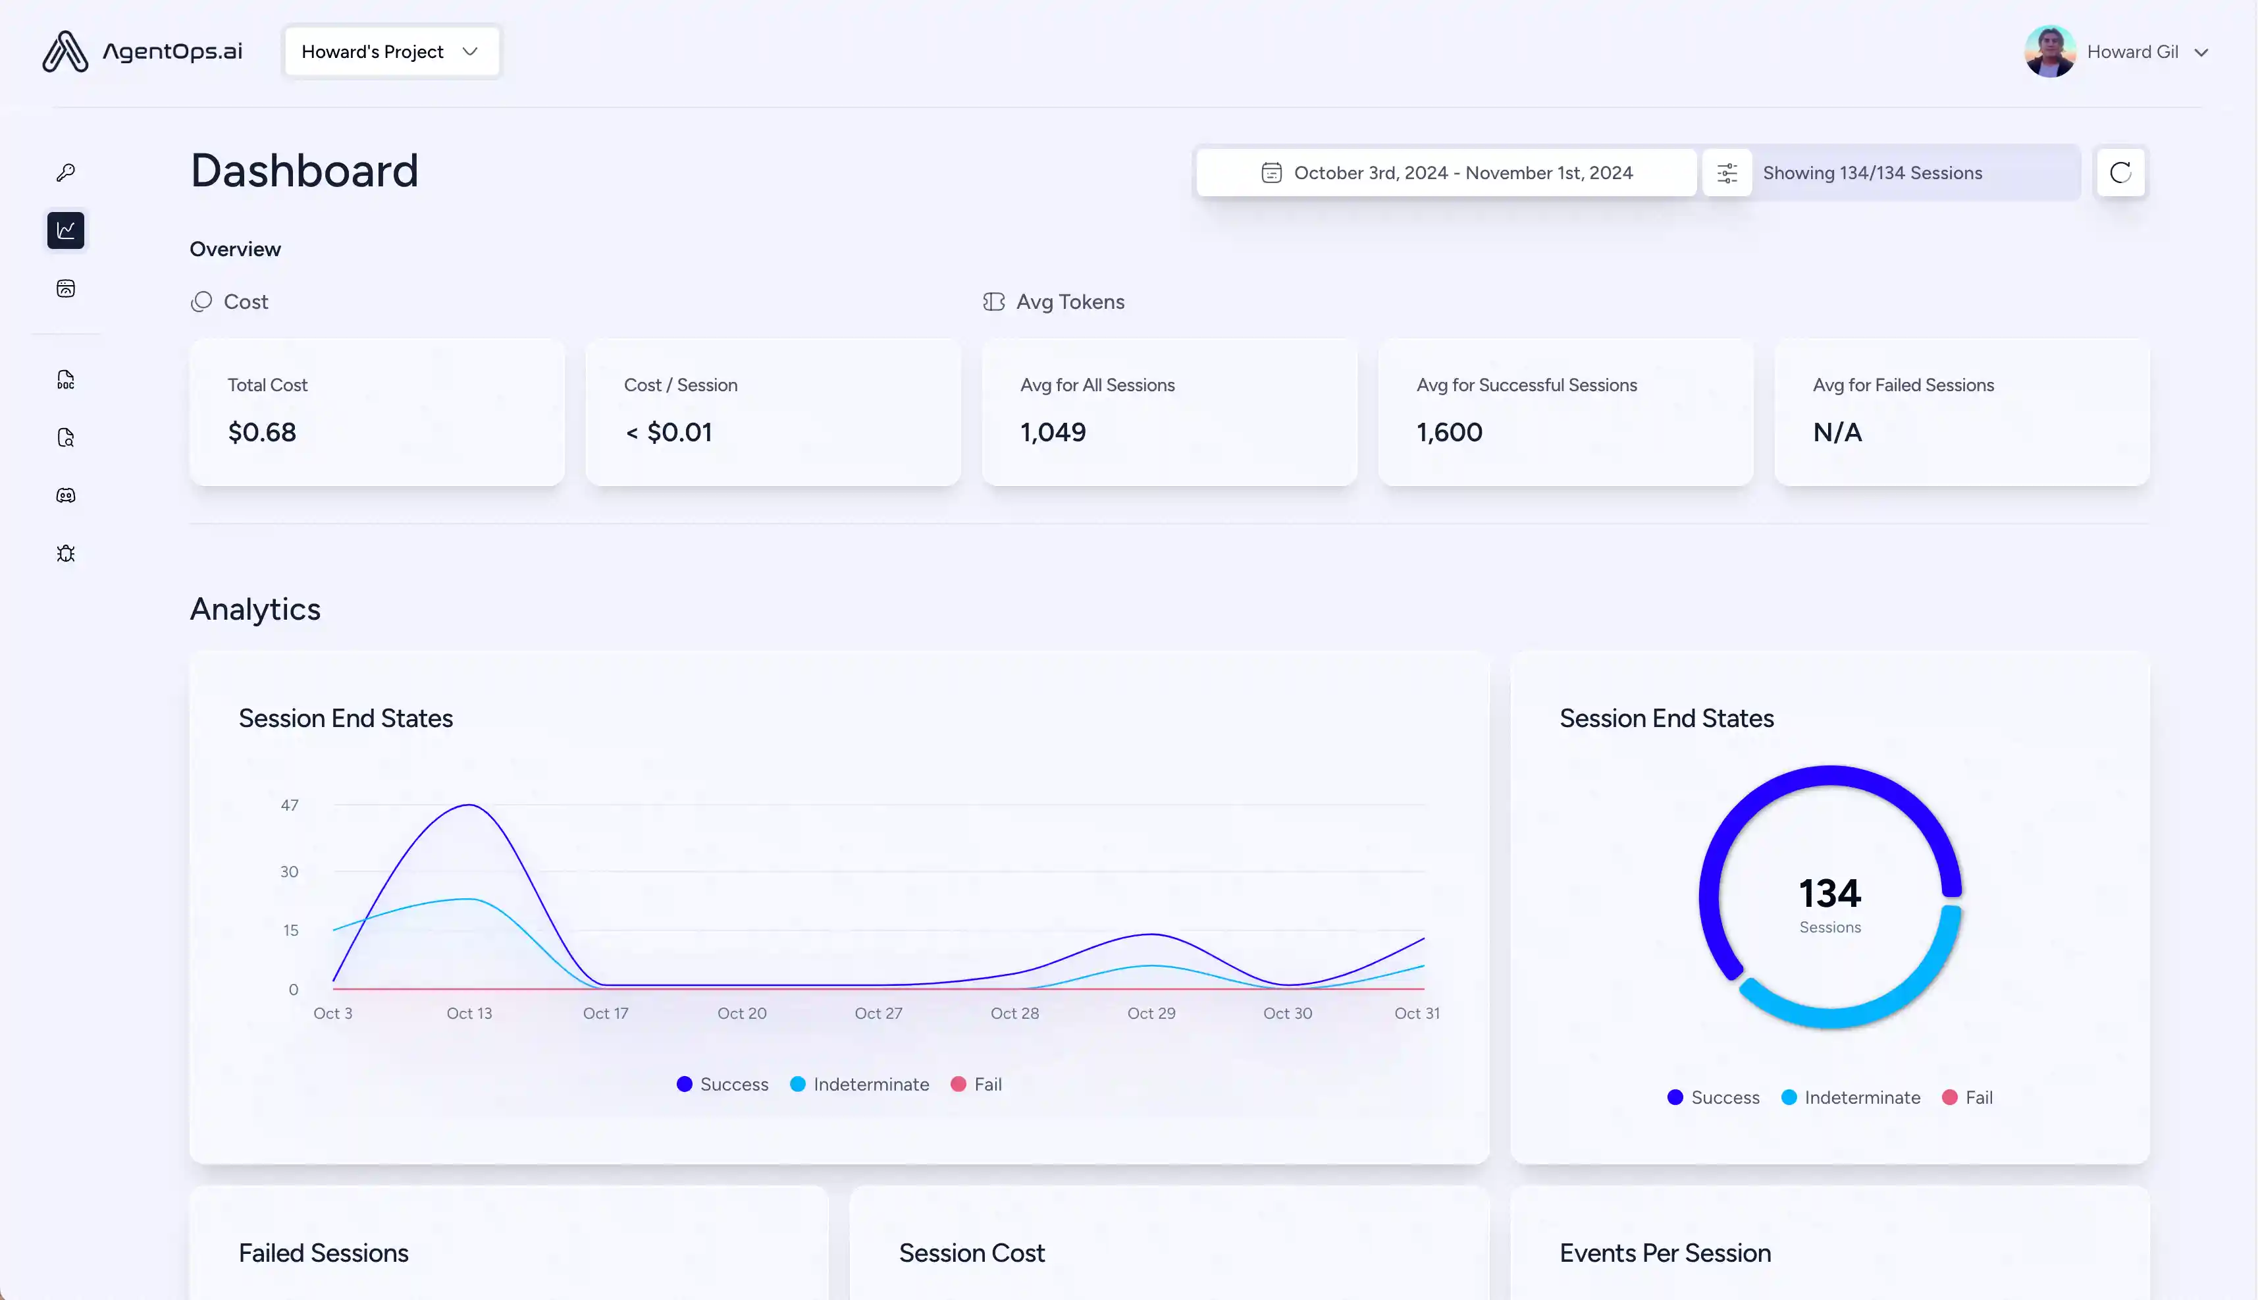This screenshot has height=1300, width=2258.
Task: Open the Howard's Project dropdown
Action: [x=391, y=52]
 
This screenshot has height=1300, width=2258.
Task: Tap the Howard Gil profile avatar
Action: [x=2049, y=52]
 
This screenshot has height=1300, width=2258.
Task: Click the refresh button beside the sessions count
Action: [x=2120, y=173]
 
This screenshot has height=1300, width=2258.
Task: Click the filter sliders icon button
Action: [x=1727, y=173]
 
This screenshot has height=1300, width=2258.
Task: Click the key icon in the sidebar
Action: [x=66, y=173]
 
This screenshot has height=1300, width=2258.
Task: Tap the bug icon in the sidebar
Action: [x=66, y=554]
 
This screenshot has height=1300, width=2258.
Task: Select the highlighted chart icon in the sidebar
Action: [x=66, y=230]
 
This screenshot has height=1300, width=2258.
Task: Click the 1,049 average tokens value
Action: [x=1053, y=432]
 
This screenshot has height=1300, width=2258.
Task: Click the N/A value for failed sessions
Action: [x=1837, y=432]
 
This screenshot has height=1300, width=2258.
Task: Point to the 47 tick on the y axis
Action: [x=289, y=805]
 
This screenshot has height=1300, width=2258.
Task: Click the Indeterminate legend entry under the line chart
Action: [x=860, y=1084]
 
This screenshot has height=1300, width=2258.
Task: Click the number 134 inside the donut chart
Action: [x=1829, y=894]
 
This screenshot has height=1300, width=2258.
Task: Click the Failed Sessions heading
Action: [x=324, y=1253]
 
